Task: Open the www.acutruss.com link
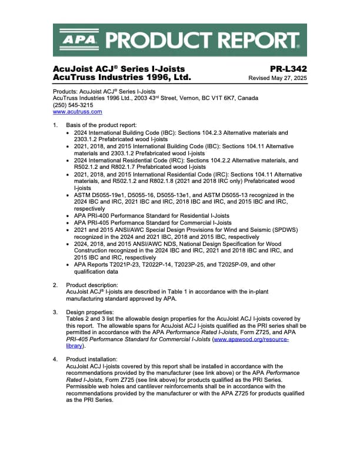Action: tap(78, 111)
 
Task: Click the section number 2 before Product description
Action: tap(55, 285)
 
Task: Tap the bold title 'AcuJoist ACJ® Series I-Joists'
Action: tap(119, 69)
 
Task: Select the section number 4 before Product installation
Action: tap(55, 358)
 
